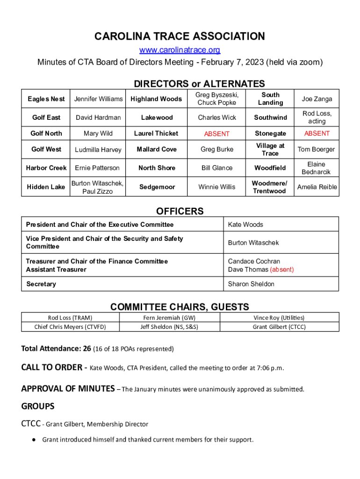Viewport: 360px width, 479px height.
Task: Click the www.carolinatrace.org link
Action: click(x=180, y=50)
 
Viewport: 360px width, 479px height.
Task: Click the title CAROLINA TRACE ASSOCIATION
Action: click(x=180, y=36)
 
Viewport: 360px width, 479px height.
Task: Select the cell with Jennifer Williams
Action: click(x=98, y=99)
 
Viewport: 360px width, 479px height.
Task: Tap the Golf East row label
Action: click(x=46, y=117)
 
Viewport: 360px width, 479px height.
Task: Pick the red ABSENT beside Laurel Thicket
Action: click(x=216, y=134)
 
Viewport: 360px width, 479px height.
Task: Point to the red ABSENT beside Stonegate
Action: click(x=317, y=133)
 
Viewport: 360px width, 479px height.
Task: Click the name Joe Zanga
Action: click(x=317, y=99)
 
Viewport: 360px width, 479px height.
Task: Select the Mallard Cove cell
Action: click(x=156, y=149)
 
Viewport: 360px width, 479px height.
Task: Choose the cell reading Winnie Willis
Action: click(x=216, y=187)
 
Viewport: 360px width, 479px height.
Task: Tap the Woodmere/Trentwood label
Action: click(x=270, y=187)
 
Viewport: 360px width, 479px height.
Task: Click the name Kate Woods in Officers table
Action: click(x=245, y=225)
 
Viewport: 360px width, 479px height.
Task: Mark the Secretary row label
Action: click(x=41, y=284)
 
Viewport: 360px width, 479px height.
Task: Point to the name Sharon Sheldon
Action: click(x=251, y=284)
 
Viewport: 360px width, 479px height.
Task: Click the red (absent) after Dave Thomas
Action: click(x=282, y=269)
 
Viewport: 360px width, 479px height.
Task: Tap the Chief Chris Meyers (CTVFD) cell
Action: click(x=70, y=327)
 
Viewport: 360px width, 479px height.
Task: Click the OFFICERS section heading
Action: click(x=180, y=211)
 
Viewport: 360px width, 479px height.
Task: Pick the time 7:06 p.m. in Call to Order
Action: click(x=270, y=368)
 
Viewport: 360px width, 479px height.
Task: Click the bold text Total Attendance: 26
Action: click(x=56, y=348)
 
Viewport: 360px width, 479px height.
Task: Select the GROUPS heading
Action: click(x=38, y=406)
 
